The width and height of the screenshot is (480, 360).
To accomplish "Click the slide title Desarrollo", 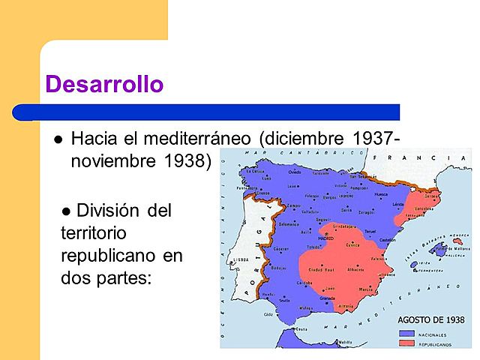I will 104,84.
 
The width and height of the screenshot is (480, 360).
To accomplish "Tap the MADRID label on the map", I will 325,238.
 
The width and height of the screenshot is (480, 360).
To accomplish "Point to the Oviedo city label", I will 294,172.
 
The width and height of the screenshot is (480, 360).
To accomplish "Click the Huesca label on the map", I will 382,195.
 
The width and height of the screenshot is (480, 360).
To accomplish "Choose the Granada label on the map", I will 327,298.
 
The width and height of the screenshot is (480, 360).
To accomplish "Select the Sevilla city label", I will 283,300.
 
